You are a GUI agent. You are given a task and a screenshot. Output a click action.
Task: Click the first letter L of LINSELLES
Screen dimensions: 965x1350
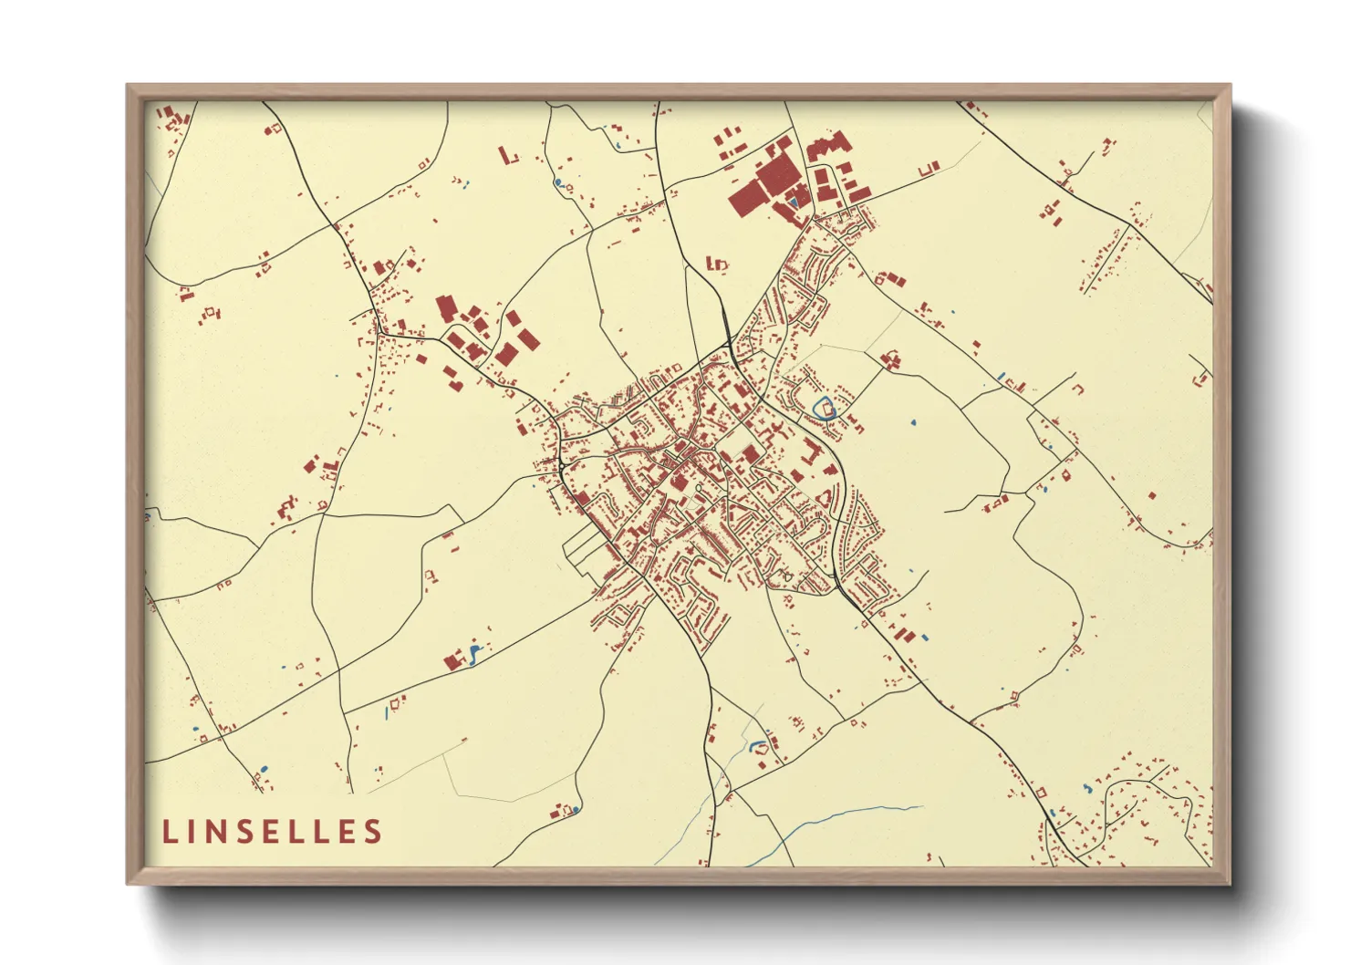(x=170, y=831)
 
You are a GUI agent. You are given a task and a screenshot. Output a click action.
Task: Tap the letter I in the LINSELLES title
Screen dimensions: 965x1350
(x=194, y=831)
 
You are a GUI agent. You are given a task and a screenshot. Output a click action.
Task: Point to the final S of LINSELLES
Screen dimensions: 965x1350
(x=371, y=831)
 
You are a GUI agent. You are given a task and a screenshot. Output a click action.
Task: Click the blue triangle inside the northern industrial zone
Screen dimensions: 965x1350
(x=794, y=200)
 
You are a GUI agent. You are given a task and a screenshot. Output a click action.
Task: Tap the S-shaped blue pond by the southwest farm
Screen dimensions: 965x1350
(x=473, y=653)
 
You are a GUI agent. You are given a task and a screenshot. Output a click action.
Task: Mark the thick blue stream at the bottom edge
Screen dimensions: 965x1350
(x=821, y=825)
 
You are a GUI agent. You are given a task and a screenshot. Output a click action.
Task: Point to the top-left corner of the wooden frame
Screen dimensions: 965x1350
(x=128, y=86)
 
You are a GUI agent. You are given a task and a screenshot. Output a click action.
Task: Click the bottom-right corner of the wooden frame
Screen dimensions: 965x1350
(x=1230, y=883)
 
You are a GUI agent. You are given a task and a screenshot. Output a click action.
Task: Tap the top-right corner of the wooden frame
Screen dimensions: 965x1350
(x=1230, y=86)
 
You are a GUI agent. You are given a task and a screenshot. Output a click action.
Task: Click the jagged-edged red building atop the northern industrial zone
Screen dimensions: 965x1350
(x=828, y=145)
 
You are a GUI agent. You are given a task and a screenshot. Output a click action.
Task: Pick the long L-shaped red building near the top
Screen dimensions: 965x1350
(x=507, y=156)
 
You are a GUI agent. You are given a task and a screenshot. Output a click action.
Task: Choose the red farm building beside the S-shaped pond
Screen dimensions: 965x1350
(x=452, y=661)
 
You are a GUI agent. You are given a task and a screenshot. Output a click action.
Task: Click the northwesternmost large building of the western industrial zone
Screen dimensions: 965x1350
(x=445, y=307)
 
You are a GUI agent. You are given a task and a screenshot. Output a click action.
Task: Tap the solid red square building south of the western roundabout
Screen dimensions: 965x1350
(x=581, y=498)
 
